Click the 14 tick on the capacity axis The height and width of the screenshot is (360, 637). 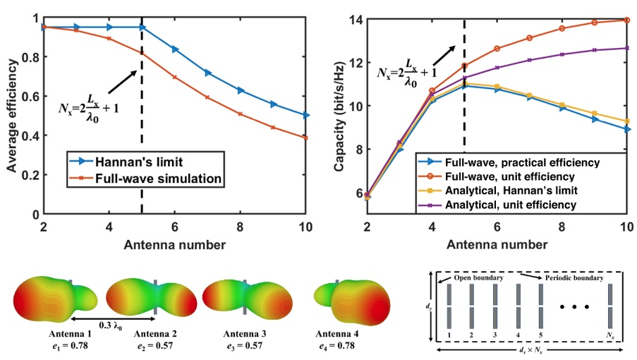pos(359,19)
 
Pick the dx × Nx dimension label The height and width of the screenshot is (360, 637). pos(529,352)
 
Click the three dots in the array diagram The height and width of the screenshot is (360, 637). pos(576,308)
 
